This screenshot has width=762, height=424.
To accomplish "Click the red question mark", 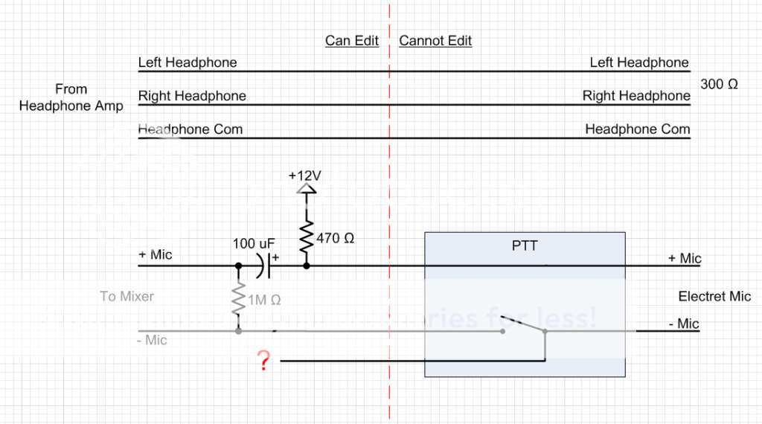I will (x=262, y=361).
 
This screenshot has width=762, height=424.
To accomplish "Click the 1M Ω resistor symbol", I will (x=238, y=300).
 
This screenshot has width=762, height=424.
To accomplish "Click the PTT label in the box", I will (x=524, y=245).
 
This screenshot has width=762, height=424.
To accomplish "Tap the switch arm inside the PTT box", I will (x=522, y=325).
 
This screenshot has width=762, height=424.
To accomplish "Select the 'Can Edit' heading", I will (x=352, y=41).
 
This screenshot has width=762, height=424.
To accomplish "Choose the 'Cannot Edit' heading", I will (x=435, y=41).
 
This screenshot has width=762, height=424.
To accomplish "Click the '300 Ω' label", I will (x=719, y=85).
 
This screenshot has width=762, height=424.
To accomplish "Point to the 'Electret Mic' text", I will (x=714, y=297).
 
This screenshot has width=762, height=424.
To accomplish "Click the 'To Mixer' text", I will (x=127, y=297).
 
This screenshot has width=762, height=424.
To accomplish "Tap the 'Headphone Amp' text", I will (x=71, y=106).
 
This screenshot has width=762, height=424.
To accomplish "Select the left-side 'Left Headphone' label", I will (x=188, y=63).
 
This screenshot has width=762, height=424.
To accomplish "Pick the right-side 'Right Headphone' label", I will (x=636, y=96).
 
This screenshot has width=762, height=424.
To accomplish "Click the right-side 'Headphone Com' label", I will (x=638, y=129).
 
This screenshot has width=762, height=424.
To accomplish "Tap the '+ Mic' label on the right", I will (x=685, y=259).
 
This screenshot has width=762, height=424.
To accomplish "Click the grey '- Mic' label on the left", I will (x=153, y=341).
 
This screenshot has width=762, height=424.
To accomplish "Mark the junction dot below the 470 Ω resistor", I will (x=306, y=265).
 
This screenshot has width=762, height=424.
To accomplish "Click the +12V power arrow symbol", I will (x=306, y=189).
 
